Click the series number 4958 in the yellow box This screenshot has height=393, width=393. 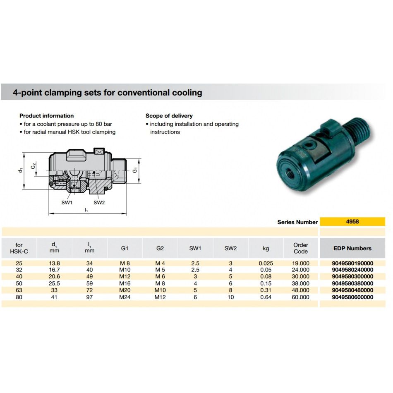(352, 222)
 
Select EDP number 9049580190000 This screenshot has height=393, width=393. (352, 263)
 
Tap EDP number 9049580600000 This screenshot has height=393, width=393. (352, 297)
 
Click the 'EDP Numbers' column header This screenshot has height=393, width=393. (352, 248)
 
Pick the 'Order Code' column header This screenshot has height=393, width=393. (301, 248)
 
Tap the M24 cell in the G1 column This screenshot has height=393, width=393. (125, 297)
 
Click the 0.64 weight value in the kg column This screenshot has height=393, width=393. (266, 297)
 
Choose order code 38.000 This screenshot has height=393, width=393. (301, 283)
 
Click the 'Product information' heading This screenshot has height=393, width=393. (46, 116)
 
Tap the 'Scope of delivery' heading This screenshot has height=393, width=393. (169, 116)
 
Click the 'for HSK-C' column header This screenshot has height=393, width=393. (19, 248)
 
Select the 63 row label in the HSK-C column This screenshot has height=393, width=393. (19, 290)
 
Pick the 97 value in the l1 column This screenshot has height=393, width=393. (89, 297)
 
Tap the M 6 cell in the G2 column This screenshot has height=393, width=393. (160, 276)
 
